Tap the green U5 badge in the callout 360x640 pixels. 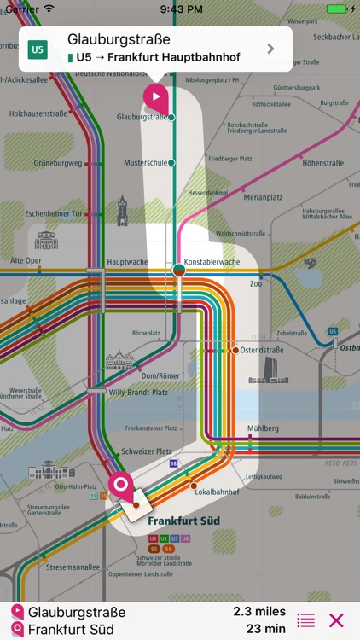[38, 49]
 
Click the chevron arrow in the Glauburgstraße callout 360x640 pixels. [271, 49]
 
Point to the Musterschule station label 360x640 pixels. [144, 162]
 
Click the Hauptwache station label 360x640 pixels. [127, 262]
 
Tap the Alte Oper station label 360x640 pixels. [26, 261]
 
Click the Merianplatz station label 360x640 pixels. [263, 197]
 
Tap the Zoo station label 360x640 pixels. [256, 283]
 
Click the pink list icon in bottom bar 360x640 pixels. [305, 620]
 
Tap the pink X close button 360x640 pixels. [337, 620]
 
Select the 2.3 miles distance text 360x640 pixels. [259, 612]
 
